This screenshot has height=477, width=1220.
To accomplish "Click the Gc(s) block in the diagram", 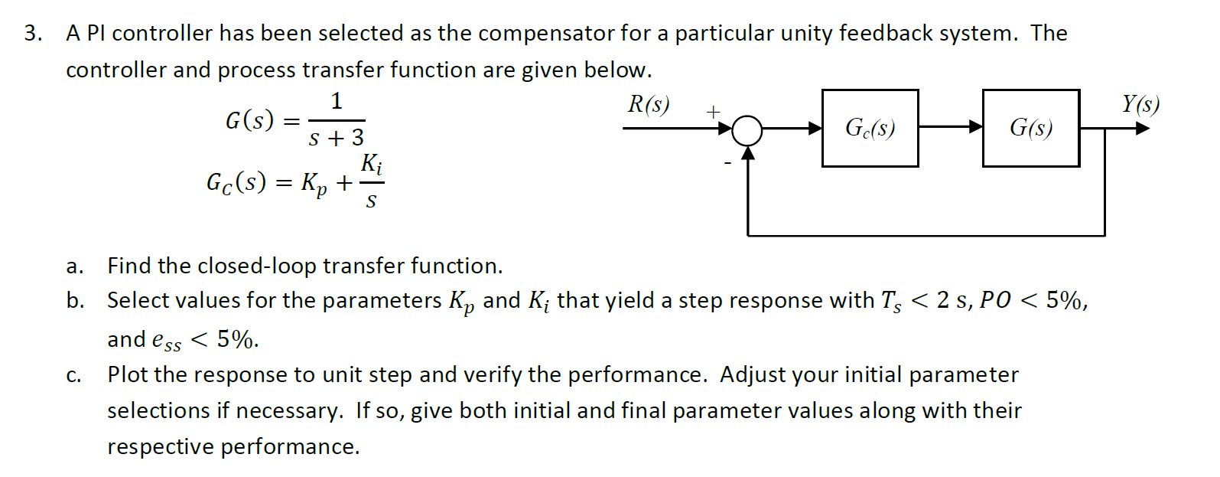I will pos(870,128).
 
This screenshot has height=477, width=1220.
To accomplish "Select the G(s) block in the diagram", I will pos(1030,128).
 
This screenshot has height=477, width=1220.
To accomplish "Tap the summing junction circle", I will pos(747,130).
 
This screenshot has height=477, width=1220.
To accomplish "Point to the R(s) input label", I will pos(648,104).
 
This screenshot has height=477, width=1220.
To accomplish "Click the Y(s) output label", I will pos(1140,103).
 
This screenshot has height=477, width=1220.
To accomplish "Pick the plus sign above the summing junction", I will pos(713,112).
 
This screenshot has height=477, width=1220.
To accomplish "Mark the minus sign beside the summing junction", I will pos(727,162).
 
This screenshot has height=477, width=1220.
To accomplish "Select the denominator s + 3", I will pos(337,138).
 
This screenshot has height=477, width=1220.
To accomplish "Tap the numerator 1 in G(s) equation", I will pos(337,101).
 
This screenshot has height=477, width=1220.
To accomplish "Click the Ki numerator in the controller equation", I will pos(372,163).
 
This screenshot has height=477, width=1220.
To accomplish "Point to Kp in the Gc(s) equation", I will pos(314,184).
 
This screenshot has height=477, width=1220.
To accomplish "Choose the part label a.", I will pos(73,266).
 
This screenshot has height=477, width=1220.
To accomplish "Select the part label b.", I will pos(74,300).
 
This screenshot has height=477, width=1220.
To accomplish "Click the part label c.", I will pos(73,375).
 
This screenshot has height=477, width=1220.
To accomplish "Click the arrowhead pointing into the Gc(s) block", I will pos(815,128).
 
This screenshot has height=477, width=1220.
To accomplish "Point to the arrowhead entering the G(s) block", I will pos(976,127).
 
